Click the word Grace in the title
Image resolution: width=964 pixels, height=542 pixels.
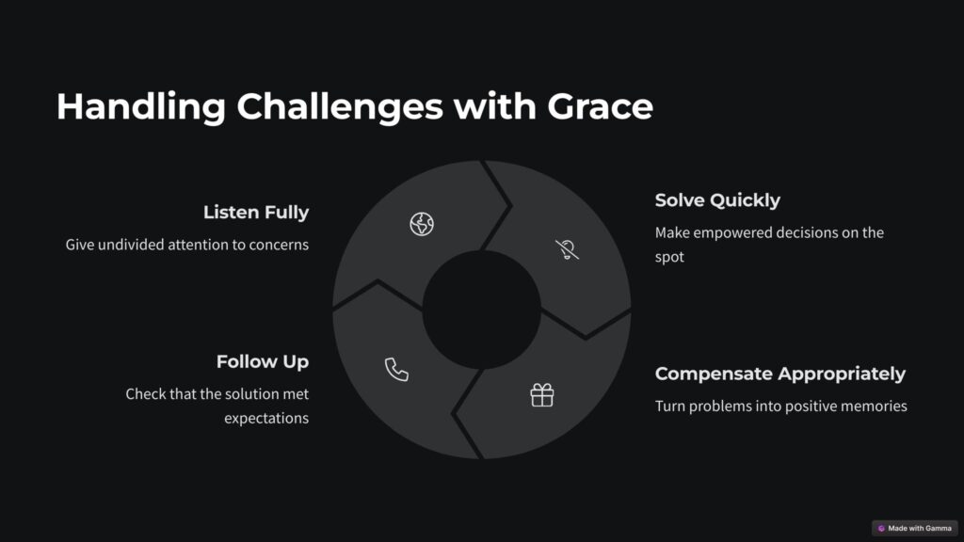click(600, 106)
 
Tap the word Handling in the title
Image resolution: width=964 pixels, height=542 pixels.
click(141, 107)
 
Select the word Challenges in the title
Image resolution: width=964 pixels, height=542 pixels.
click(339, 107)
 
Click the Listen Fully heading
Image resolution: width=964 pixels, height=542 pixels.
click(256, 212)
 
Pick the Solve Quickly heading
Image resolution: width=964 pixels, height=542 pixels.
click(717, 200)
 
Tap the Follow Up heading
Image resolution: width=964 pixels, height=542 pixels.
click(263, 361)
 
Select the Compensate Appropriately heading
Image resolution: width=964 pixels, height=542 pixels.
click(780, 374)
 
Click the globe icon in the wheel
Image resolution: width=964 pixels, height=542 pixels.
click(422, 224)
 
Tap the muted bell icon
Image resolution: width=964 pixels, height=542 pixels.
click(567, 249)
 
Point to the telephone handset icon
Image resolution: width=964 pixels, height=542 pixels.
click(396, 369)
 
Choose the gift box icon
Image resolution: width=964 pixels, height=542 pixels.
click(541, 395)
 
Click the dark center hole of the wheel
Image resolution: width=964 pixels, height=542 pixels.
click(481, 310)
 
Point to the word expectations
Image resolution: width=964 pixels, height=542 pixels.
click(266, 419)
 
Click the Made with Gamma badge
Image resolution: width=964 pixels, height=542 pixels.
click(915, 529)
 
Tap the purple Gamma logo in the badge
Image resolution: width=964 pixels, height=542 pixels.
click(881, 529)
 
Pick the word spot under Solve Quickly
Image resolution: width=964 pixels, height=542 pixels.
click(669, 258)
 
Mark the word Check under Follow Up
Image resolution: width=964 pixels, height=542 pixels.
click(144, 394)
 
